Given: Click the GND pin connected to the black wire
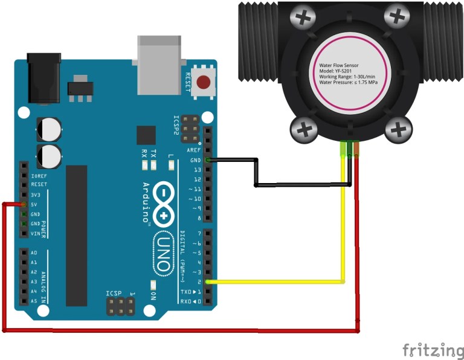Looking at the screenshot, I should click(208, 160).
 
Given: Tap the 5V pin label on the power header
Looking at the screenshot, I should click(34, 204).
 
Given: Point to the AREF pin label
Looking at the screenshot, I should click(194, 150).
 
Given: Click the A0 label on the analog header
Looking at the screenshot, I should click(34, 252).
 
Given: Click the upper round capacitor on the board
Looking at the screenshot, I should click(49, 128).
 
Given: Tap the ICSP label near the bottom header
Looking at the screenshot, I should click(114, 294).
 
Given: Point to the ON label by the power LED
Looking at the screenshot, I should click(153, 295).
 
